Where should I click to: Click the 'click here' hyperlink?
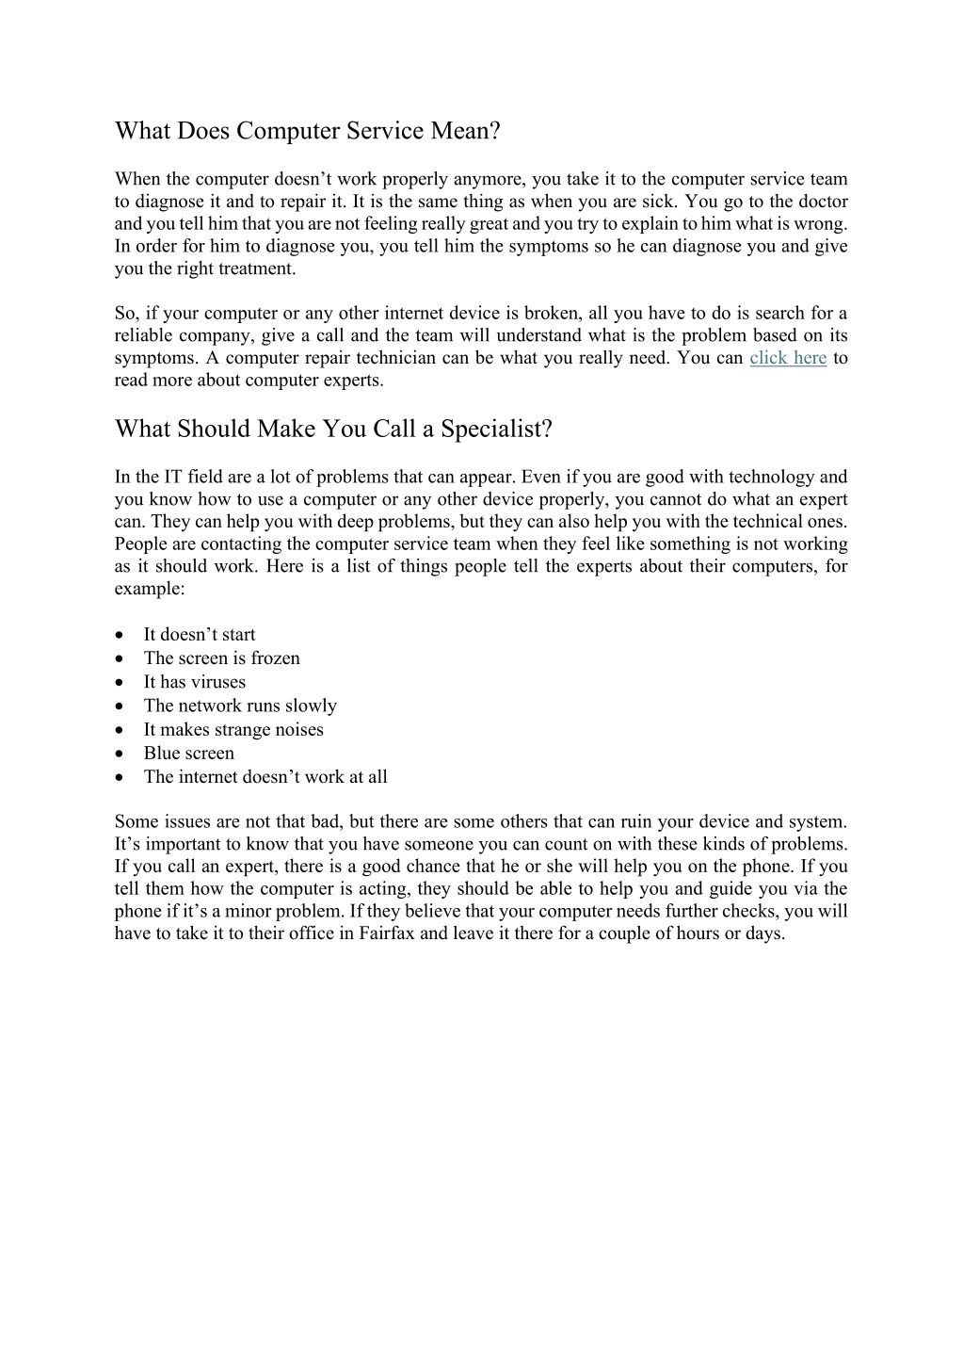[788, 358]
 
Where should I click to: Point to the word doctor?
[822, 202]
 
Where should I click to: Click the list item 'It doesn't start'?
[200, 635]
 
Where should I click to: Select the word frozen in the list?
[275, 658]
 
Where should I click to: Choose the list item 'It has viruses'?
[194, 682]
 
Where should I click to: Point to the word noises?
[298, 729]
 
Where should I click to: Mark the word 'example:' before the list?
[150, 588]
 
